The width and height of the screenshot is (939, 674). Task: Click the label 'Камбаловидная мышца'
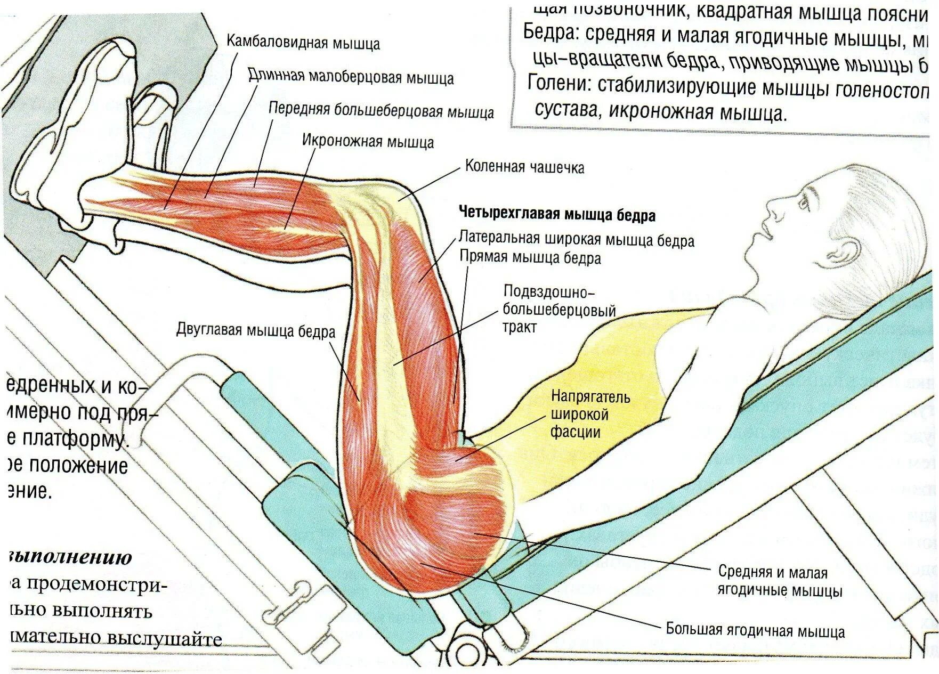(x=303, y=43)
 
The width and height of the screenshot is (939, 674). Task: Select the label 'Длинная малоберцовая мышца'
(x=351, y=77)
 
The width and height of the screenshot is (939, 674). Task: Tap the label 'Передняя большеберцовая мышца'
(x=381, y=111)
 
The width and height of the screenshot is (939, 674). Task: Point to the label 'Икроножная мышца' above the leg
(x=368, y=142)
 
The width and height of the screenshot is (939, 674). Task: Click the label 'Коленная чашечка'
(x=524, y=167)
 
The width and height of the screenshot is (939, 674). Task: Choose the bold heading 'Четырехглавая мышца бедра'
(x=557, y=215)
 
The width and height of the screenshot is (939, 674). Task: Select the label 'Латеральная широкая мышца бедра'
(x=577, y=240)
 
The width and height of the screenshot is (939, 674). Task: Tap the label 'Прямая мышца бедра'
(x=530, y=258)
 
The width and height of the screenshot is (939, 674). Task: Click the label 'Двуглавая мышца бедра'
(x=256, y=331)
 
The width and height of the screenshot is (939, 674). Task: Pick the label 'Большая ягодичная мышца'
(x=755, y=631)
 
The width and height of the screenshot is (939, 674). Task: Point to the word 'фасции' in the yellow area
(x=576, y=432)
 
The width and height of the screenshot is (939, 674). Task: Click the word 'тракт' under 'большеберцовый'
(x=519, y=327)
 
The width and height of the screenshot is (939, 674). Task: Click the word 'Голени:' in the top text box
(x=560, y=85)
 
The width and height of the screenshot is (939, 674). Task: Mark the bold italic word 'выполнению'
(x=69, y=557)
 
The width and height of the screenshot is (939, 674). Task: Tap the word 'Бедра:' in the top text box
(x=551, y=33)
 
